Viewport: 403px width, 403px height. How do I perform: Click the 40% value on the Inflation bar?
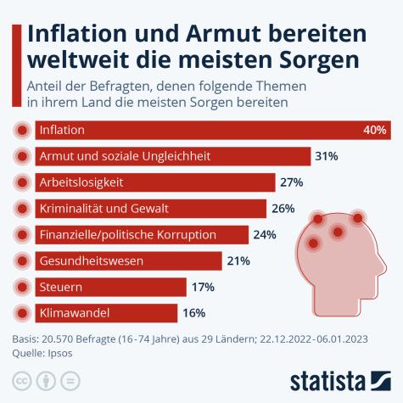(375, 131)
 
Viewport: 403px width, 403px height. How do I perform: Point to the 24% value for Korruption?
(266, 235)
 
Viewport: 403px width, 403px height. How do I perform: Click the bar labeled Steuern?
(111, 287)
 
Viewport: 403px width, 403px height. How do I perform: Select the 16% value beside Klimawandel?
(194, 312)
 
